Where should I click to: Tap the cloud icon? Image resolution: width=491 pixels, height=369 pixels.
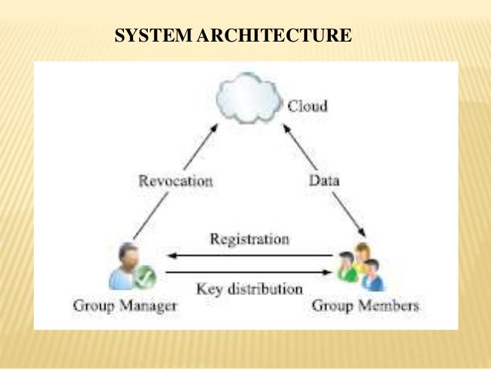[248, 99]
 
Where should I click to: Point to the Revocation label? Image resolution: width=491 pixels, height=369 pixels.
[175, 181]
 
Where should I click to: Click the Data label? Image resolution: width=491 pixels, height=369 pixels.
[324, 181]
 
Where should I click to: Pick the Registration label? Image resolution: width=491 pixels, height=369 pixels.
[249, 239]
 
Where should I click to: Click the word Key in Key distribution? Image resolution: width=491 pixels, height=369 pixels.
[209, 289]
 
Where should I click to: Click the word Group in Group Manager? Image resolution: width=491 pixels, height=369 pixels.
[92, 306]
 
